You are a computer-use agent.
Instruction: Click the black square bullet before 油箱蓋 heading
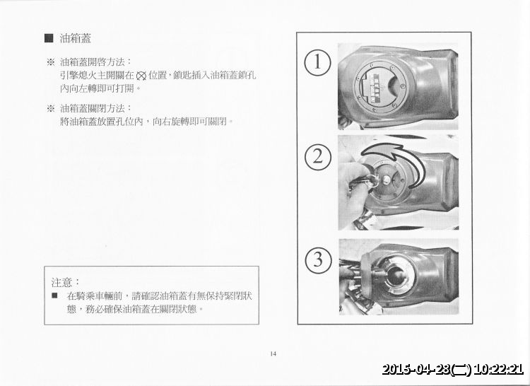(x=49, y=38)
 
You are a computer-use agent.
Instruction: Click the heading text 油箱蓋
(x=76, y=38)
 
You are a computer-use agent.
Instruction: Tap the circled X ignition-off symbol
(x=141, y=76)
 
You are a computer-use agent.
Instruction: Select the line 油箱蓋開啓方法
(x=95, y=62)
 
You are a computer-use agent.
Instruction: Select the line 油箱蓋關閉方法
(x=95, y=108)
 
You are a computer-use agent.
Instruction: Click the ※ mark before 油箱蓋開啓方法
(x=50, y=62)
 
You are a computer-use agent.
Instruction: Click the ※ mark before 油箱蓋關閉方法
(x=50, y=109)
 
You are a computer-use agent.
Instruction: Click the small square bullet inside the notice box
(x=54, y=296)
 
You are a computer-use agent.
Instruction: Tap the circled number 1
(x=317, y=63)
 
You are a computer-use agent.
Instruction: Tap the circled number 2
(x=317, y=158)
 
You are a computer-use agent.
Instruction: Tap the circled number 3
(x=318, y=260)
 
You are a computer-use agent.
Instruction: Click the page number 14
(x=273, y=354)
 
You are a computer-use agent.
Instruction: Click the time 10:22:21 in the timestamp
(x=498, y=369)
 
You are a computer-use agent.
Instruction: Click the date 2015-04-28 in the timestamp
(x=416, y=369)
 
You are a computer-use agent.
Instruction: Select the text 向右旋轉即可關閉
(x=193, y=122)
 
